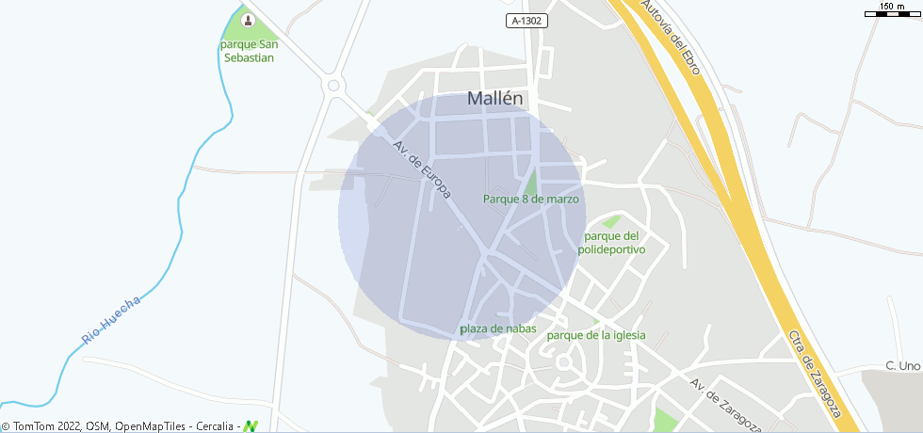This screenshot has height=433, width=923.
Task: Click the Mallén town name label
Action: (x=495, y=98)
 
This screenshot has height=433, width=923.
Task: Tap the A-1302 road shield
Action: (x=526, y=21)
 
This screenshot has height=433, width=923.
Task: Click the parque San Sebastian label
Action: (x=248, y=51)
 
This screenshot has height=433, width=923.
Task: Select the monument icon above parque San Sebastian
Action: (x=248, y=20)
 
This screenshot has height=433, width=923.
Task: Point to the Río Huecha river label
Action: (x=111, y=319)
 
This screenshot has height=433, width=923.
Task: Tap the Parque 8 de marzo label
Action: (x=530, y=200)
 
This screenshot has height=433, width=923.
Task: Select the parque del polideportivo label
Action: (x=614, y=243)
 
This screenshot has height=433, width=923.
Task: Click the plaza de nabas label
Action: (x=497, y=329)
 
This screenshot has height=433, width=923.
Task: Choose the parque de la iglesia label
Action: (x=596, y=335)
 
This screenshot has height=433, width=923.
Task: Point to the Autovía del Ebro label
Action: (x=671, y=38)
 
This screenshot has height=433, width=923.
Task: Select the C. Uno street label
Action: (x=901, y=365)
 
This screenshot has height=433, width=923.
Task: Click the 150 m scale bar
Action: (x=892, y=11)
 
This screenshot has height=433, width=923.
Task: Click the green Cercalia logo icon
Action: (x=250, y=426)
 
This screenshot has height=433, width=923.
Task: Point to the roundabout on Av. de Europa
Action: (x=333, y=87)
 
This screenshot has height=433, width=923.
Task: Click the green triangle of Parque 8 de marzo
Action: (x=531, y=183)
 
